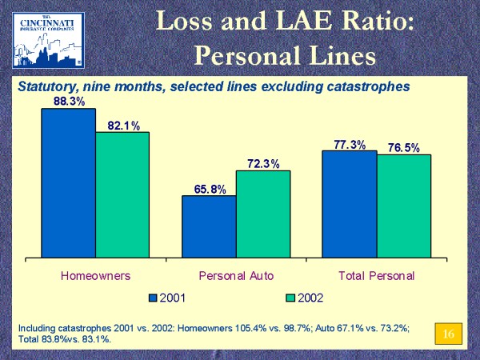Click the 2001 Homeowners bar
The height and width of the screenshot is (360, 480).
click(68, 183)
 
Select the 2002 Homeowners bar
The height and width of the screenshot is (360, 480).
click(122, 195)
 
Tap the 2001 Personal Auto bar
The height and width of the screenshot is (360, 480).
click(209, 227)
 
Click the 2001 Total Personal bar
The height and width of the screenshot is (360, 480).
click(349, 204)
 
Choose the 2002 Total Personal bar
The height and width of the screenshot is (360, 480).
click(403, 206)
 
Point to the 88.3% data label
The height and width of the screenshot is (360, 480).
click(70, 102)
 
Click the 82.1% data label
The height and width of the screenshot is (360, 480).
click(124, 126)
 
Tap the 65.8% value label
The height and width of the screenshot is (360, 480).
click(210, 190)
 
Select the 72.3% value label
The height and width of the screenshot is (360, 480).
click(263, 164)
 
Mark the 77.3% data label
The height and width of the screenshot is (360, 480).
click(350, 145)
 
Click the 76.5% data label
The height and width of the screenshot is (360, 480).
click(404, 148)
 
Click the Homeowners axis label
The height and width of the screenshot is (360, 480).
click(96, 275)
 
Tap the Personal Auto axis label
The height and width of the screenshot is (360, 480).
click(236, 275)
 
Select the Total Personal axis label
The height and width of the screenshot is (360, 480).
click(377, 275)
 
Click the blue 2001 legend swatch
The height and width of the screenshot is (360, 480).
click(154, 298)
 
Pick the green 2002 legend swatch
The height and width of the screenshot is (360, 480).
click(290, 298)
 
